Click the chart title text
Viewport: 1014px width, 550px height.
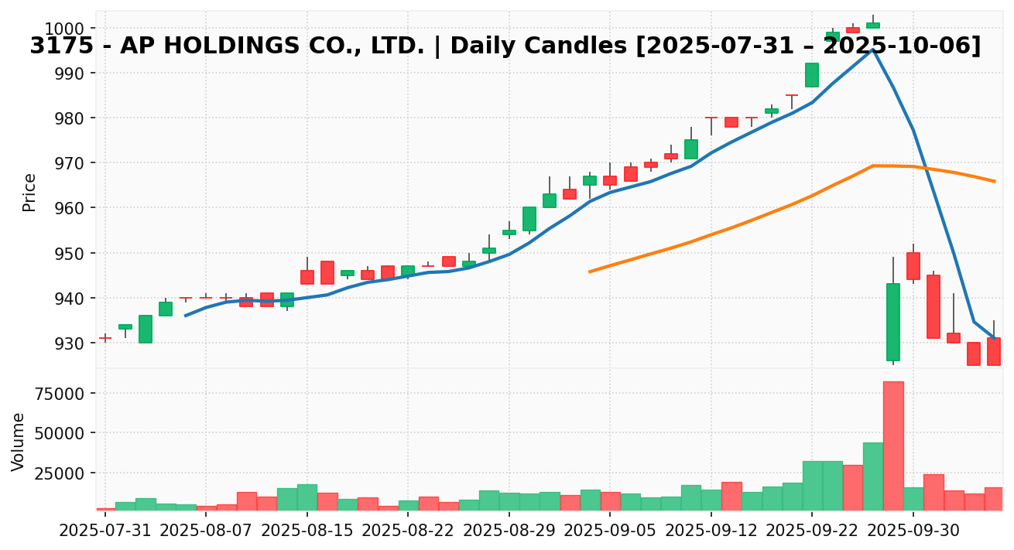coord(505,46)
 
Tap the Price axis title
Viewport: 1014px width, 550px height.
coord(29,192)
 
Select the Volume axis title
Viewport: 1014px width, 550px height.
coord(19,441)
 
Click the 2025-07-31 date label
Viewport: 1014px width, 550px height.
coord(105,532)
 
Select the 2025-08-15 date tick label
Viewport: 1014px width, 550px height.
coord(307,532)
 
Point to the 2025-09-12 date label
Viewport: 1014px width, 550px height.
coord(711,532)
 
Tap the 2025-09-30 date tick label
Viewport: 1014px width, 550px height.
coord(913,532)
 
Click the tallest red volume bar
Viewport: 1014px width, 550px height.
coord(893,446)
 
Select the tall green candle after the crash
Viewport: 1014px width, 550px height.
coord(893,322)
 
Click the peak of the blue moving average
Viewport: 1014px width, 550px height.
coord(872,50)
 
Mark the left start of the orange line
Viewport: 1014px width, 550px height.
coord(590,272)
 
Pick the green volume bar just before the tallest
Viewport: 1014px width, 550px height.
coord(873,476)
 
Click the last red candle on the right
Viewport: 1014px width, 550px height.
coord(994,351)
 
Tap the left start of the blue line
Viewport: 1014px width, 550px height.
coord(186,316)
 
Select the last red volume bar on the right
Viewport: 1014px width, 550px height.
coord(994,498)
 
